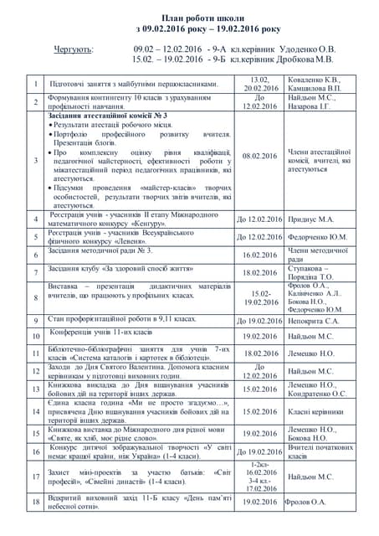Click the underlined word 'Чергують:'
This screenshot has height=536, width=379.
coord(74,49)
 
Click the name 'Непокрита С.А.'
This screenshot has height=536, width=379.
coord(315,321)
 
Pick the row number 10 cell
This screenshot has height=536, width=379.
coord(36,337)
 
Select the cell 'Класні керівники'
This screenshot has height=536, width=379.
coord(318,412)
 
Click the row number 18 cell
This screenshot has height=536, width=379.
coord(36,502)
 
